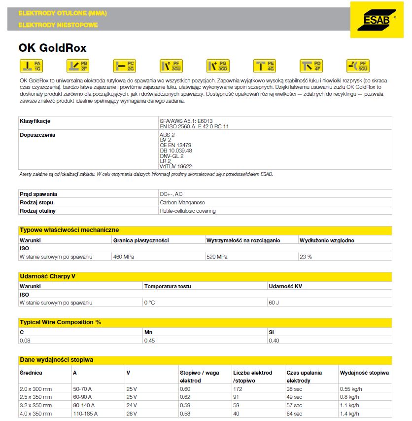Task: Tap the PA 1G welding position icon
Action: (30, 66)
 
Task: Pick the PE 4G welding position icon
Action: (264, 66)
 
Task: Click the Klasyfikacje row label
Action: (35, 121)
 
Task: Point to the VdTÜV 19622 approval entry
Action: (176, 166)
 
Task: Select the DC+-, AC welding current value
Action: (171, 194)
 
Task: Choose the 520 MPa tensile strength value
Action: (217, 257)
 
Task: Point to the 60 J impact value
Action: (274, 303)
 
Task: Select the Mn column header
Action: (148, 332)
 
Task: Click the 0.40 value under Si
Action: (274, 341)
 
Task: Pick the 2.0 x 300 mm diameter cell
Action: (35, 389)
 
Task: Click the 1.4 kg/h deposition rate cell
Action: (351, 413)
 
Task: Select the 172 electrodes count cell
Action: (238, 389)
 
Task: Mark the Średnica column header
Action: (31, 373)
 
